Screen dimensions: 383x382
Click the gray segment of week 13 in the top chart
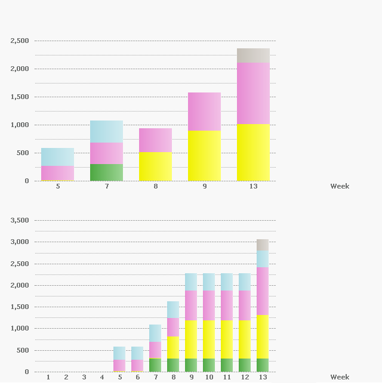[x=253, y=55]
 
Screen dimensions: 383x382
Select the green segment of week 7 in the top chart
[x=106, y=172]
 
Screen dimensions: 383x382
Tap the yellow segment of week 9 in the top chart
[x=204, y=156]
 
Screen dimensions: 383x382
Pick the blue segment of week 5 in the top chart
[x=57, y=157]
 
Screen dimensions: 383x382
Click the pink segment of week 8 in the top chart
[x=155, y=140]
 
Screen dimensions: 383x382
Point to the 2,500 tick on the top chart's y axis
[x=20, y=41]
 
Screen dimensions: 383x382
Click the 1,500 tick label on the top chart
[x=20, y=97]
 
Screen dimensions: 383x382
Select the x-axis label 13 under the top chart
[x=254, y=186]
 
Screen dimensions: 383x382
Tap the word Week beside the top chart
[x=340, y=186]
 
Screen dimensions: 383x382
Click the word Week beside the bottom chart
[x=340, y=377]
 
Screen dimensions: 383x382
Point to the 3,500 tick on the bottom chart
[x=20, y=220]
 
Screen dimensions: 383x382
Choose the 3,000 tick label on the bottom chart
[x=20, y=242]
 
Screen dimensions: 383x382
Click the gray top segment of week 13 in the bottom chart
[x=263, y=245]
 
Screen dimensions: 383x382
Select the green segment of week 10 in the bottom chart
[x=209, y=365]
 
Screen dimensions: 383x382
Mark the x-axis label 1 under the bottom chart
[x=48, y=377]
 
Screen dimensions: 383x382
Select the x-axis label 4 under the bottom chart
[x=102, y=377]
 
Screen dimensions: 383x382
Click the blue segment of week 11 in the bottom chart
[x=227, y=282]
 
